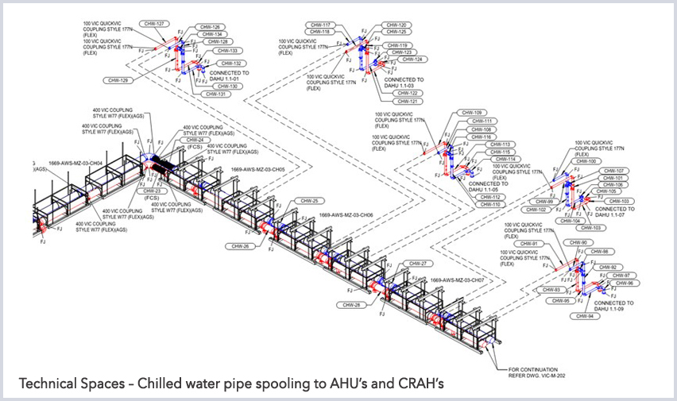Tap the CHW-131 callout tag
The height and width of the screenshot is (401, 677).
point(215,94)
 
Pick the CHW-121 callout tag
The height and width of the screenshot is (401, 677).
point(408,102)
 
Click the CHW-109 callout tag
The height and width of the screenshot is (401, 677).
point(472,112)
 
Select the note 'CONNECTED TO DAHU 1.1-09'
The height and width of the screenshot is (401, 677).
point(614,306)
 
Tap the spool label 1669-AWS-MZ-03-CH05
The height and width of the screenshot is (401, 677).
point(257,169)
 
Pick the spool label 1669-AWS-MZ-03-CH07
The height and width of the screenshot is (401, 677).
point(457,280)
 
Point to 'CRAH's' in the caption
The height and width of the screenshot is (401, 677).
point(416,384)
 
